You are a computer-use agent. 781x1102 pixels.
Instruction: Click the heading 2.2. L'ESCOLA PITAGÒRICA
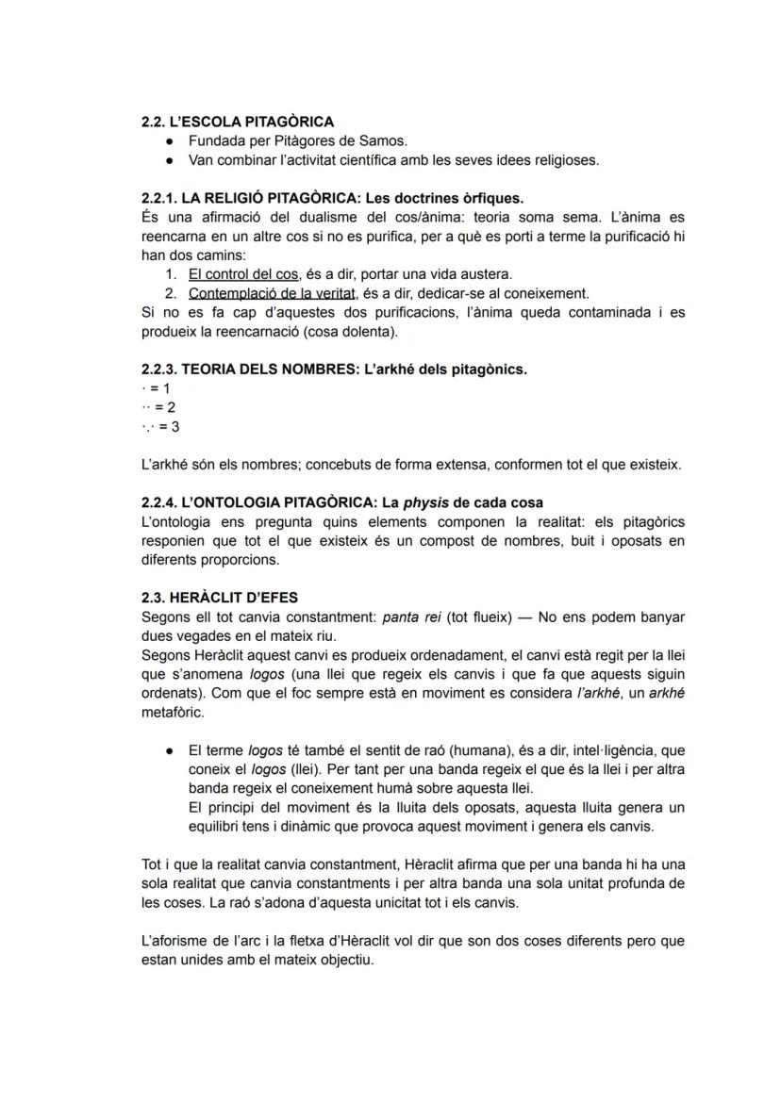pyautogui.click(x=237, y=122)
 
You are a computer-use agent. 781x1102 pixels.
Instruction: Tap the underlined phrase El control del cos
pyautogui.click(x=243, y=274)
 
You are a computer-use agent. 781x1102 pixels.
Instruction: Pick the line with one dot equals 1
pyautogui.click(x=155, y=388)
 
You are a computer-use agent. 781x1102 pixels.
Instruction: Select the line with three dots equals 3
pyautogui.click(x=159, y=426)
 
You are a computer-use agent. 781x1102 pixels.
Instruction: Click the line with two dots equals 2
pyautogui.click(x=158, y=407)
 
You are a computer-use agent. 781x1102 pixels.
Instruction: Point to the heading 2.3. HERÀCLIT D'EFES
pyautogui.click(x=219, y=598)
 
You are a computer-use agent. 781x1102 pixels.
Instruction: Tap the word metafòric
pyautogui.click(x=172, y=712)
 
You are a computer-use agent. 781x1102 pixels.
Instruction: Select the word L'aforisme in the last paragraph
pyautogui.click(x=173, y=941)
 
